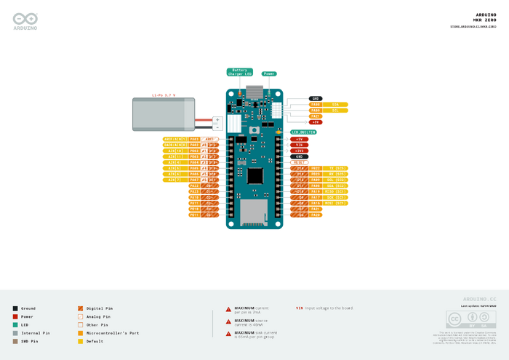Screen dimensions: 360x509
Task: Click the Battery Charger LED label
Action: click(239, 72)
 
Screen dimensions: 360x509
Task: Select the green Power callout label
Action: click(269, 73)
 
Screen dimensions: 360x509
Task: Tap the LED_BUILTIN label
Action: click(305, 132)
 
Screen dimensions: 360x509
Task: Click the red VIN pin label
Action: click(299, 145)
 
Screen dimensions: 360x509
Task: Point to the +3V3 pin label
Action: click(299, 151)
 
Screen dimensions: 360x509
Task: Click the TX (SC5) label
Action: click(338, 168)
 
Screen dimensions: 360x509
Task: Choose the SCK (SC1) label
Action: click(338, 197)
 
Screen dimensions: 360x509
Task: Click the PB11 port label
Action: click(194, 215)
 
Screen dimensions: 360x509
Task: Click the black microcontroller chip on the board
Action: click(255, 176)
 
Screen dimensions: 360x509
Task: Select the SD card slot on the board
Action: click(254, 213)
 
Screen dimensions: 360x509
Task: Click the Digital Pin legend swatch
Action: click(80, 308)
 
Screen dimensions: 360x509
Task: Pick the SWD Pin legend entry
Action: click(15, 340)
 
